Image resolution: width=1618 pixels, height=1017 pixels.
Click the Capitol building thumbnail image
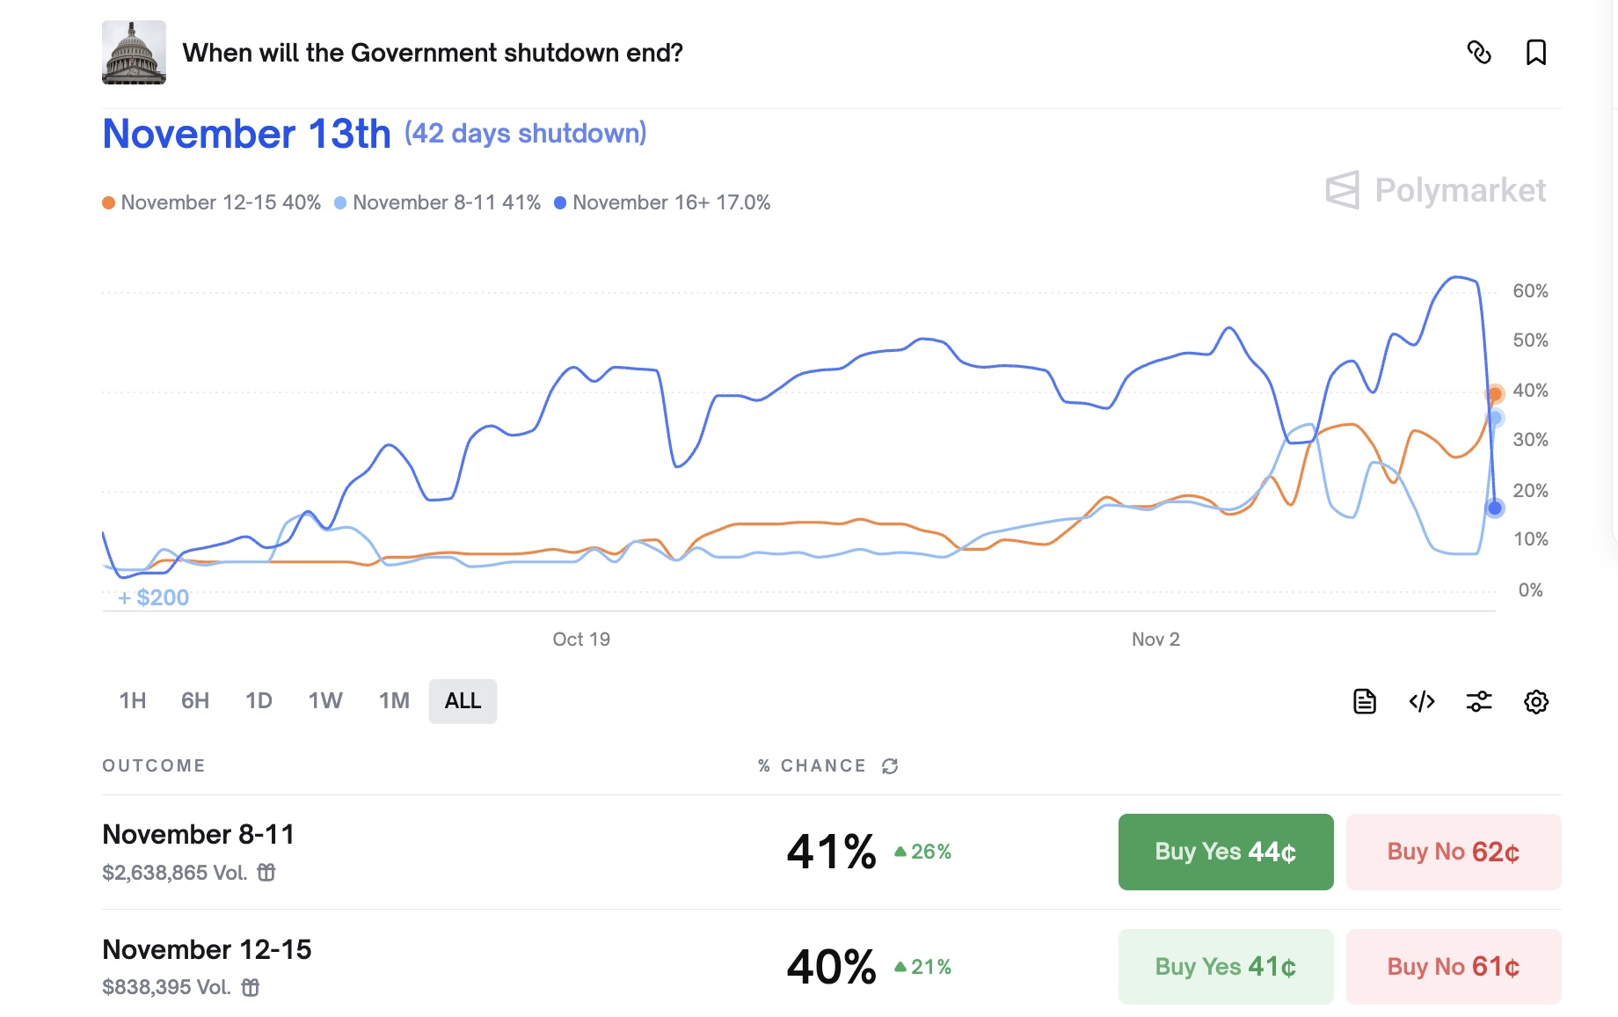(134, 53)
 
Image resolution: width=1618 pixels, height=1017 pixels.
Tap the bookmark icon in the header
(1535, 53)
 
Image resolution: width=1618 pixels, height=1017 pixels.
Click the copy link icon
(1479, 53)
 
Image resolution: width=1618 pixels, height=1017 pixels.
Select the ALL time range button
(463, 701)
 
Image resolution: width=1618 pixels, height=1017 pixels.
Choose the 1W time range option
(324, 701)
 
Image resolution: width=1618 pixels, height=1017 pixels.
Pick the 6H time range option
(195, 701)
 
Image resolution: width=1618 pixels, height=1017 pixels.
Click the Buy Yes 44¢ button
(1225, 852)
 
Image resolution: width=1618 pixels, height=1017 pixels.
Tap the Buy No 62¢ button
(1453, 852)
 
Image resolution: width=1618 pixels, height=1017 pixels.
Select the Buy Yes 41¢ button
(1225, 967)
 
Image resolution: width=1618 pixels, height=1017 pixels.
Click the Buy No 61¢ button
(1453, 967)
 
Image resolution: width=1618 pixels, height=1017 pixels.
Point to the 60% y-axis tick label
(1530, 291)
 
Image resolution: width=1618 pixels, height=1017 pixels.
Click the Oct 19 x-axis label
(581, 640)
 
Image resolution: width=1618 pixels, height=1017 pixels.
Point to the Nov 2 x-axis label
(1155, 640)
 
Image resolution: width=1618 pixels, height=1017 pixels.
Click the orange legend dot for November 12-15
(109, 203)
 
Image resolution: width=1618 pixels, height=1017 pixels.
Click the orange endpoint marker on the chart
(1495, 393)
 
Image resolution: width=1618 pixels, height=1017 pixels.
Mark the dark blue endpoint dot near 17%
(1495, 508)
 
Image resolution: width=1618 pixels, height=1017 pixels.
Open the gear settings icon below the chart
(1535, 701)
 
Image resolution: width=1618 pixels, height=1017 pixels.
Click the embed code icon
(1422, 701)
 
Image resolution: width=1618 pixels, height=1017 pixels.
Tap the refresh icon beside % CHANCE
(890, 766)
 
